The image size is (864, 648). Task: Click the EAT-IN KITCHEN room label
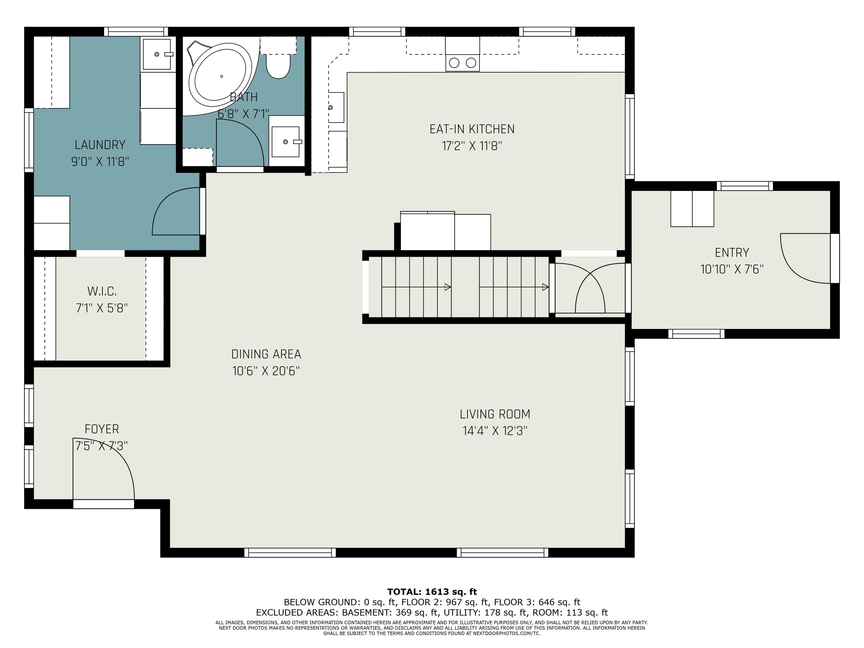472,129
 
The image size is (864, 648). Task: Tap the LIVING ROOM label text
495,414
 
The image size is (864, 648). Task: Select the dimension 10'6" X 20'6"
266,371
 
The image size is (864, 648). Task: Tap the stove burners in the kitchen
463,62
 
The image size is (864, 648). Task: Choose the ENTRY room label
732,253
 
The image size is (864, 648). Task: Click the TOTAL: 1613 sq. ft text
432,592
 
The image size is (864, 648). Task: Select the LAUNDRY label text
100,145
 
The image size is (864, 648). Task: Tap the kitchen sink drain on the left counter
330,107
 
